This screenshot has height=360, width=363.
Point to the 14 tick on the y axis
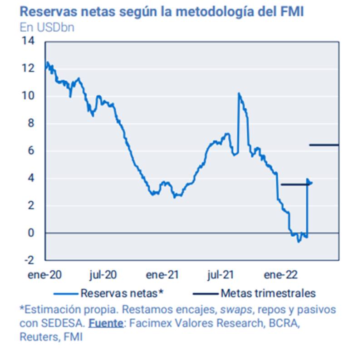coord(28,41)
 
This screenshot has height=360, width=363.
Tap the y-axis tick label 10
coord(28,96)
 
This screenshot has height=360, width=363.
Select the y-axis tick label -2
coord(28,260)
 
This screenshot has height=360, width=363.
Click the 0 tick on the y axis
coord(31,233)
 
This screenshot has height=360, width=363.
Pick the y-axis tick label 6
coord(31,151)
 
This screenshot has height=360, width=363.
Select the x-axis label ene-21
coord(162,274)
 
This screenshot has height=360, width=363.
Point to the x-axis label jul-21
coord(221,274)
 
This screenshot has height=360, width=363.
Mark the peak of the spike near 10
coord(239,94)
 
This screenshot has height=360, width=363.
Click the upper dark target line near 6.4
coord(324,145)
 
